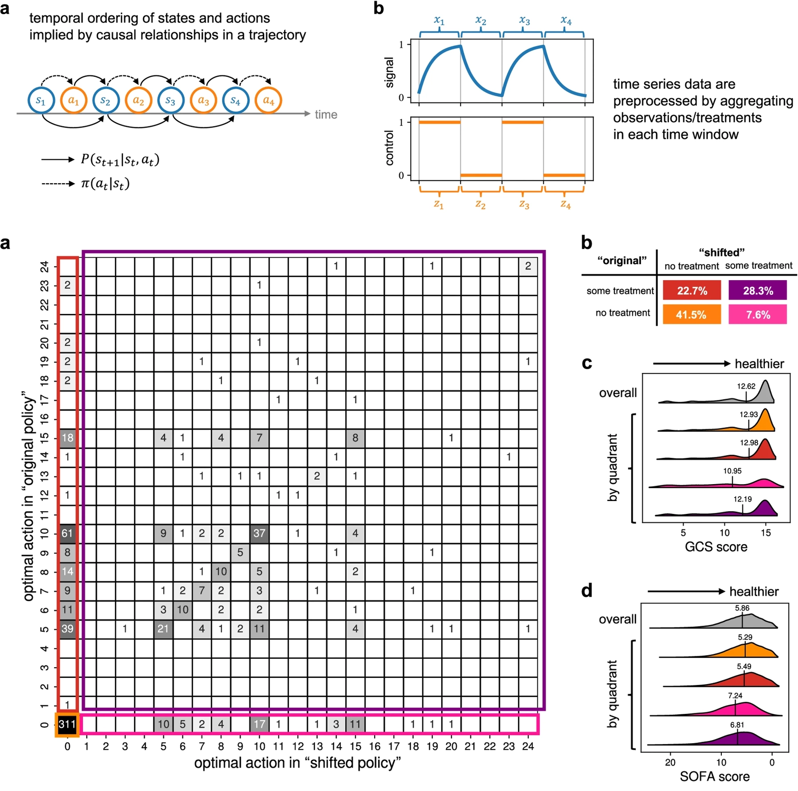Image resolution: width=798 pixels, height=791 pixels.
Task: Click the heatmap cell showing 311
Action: [x=67, y=724]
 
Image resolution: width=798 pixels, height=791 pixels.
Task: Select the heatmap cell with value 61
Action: [x=67, y=533]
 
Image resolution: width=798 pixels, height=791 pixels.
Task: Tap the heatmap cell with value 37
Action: [x=259, y=533]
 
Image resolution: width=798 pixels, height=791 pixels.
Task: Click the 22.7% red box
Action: [x=692, y=290]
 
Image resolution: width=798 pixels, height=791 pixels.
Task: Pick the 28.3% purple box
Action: [x=758, y=290]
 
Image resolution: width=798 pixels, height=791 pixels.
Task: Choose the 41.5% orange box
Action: [x=692, y=314]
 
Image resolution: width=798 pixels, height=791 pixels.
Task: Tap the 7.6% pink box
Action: [x=758, y=314]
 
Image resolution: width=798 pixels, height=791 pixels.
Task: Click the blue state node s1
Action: [x=41, y=101]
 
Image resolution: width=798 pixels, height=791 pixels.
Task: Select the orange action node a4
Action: [x=269, y=101]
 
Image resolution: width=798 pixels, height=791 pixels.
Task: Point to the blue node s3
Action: [x=171, y=101]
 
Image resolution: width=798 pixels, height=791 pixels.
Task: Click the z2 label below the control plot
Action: [x=481, y=204]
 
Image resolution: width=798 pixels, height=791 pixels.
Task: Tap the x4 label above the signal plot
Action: [x=566, y=20]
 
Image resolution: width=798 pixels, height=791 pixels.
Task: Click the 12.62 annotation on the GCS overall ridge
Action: [x=746, y=386]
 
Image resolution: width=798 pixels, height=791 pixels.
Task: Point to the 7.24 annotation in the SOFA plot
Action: [x=735, y=696]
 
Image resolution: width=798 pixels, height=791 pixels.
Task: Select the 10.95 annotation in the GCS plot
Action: [x=732, y=471]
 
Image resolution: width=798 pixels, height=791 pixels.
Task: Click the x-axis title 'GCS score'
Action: [x=716, y=547]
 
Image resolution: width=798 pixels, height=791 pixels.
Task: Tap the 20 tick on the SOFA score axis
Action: [x=670, y=763]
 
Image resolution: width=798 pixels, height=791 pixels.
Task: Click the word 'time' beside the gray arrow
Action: [x=326, y=114]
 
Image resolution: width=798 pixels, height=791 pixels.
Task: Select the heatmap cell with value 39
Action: [x=67, y=629]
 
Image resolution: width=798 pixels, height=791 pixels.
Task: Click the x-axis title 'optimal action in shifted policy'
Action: [x=297, y=763]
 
